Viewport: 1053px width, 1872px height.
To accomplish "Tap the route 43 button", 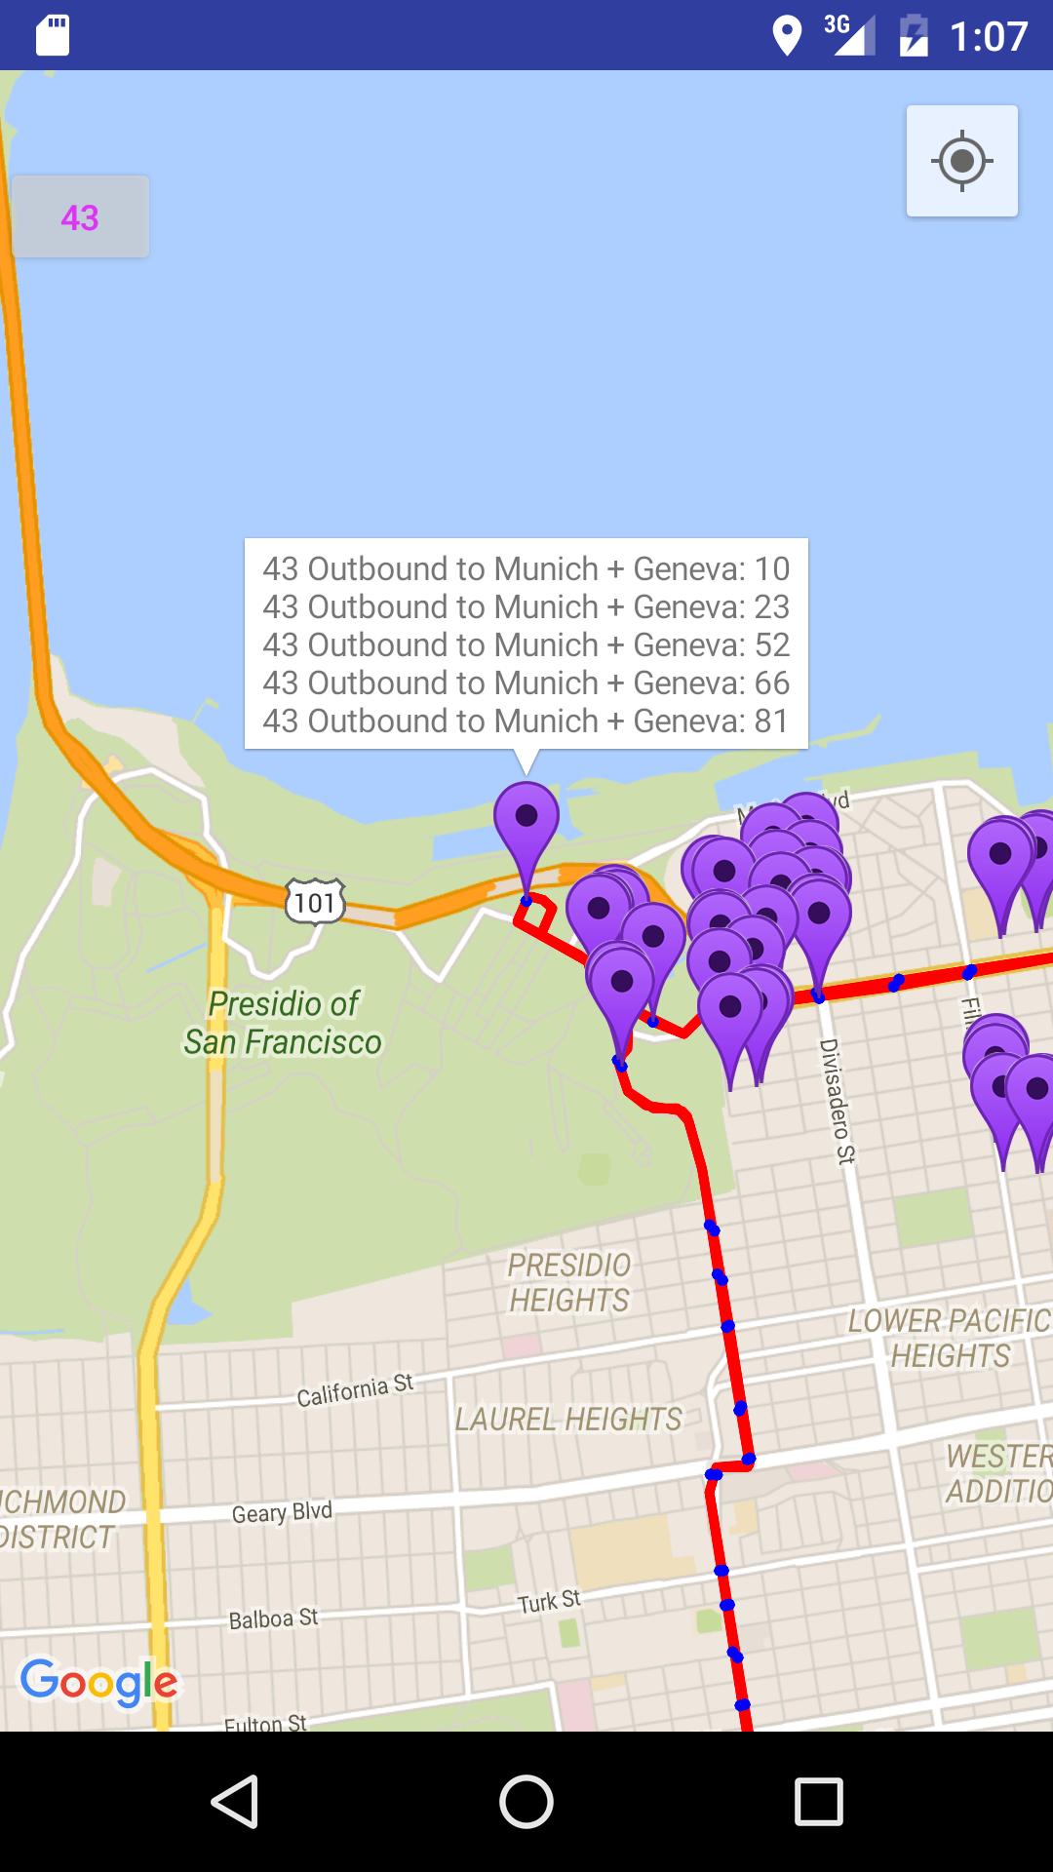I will coord(80,216).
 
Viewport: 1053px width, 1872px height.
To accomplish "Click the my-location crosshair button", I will coord(962,161).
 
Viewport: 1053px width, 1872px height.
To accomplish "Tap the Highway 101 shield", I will coord(315,902).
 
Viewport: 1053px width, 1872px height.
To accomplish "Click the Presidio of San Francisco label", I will coord(284,1023).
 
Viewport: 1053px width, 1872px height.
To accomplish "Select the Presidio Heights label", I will coord(569,1282).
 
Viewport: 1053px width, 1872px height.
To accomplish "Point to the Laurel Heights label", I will coord(568,1419).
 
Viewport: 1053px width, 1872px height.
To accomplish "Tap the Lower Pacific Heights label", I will coord(949,1338).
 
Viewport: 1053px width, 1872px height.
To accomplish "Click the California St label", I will coord(355,1391).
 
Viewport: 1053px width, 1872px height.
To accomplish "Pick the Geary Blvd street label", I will coord(282,1512).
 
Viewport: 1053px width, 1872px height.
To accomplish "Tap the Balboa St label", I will coord(273,1618).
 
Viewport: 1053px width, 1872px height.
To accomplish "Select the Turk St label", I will coord(549,1601).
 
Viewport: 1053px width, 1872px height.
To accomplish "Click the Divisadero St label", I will coord(836,1101).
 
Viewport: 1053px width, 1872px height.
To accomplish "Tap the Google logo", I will coord(99,1682).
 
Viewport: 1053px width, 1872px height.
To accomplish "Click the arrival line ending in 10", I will coord(526,568).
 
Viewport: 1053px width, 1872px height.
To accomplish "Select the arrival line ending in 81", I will coord(526,721).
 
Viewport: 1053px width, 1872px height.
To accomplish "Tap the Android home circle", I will coord(526,1801).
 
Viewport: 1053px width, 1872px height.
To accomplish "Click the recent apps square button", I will coord(818,1801).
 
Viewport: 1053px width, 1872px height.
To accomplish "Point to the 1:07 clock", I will coord(988,36).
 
